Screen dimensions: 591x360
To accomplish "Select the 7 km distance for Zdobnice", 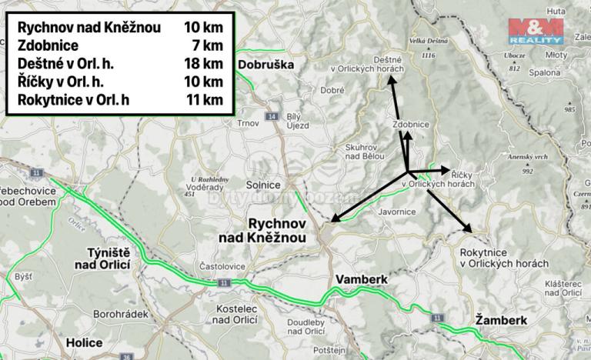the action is click(x=208, y=44).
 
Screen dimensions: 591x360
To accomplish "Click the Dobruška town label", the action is click(x=267, y=65).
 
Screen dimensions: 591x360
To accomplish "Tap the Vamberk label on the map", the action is click(x=360, y=278).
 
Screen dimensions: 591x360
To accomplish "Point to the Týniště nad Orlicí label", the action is click(x=117, y=258).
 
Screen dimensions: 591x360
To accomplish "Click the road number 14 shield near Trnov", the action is click(x=270, y=116).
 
